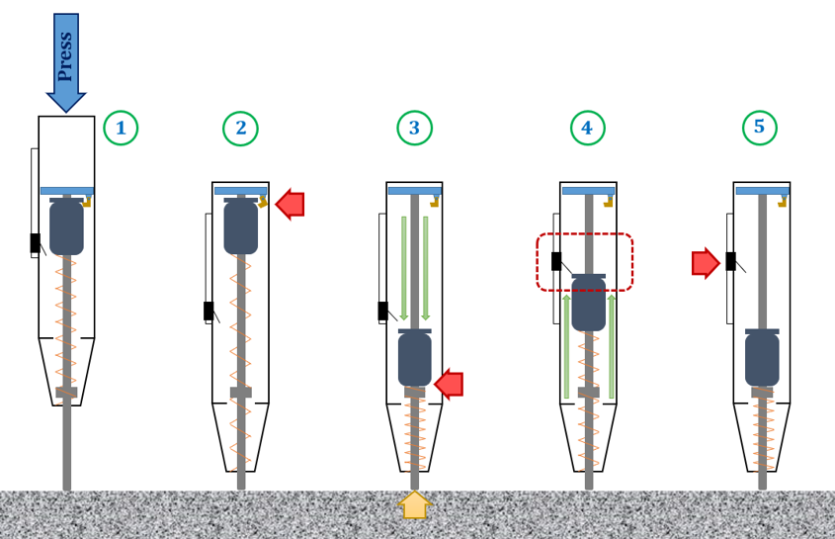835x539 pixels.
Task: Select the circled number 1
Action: (x=121, y=128)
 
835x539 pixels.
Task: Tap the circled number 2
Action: (x=240, y=128)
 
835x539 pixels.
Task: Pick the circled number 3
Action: (x=414, y=128)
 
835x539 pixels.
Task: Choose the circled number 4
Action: (x=587, y=128)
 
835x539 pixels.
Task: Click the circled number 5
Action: (x=759, y=127)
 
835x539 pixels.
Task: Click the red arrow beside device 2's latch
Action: (x=291, y=205)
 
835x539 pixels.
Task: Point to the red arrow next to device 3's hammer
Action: (x=450, y=384)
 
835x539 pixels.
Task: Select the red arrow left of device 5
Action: (x=705, y=263)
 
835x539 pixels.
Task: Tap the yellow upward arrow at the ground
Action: (x=414, y=505)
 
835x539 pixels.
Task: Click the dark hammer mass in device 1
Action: (x=66, y=227)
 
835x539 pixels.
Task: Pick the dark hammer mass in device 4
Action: (x=588, y=303)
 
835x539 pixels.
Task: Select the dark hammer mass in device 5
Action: (x=762, y=358)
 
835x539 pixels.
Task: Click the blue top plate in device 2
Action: (x=240, y=191)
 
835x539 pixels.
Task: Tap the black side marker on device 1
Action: (x=35, y=242)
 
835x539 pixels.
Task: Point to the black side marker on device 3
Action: (x=382, y=311)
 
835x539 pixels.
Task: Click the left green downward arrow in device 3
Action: (x=403, y=267)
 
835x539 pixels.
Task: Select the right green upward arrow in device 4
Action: (x=612, y=346)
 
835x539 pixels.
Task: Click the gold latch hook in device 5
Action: (x=784, y=201)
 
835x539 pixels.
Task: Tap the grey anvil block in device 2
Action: (x=240, y=393)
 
